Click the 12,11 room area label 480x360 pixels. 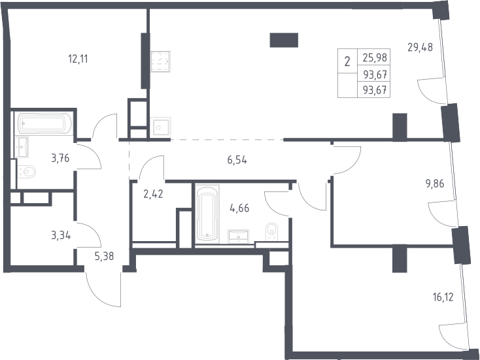coord(78,59)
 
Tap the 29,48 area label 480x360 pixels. coord(420,48)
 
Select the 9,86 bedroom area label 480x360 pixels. coord(435,184)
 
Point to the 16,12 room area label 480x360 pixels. coord(443,297)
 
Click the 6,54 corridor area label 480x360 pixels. coord(237,159)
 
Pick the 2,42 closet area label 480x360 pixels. coord(153,194)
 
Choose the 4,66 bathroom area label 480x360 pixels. coord(239,208)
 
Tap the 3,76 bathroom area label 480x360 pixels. coord(60,158)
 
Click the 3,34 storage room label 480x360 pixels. coord(61,235)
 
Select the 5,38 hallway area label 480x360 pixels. coord(104,256)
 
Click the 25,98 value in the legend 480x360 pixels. coord(375,57)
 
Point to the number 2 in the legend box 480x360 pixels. coord(347,62)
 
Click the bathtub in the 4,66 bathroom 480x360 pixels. coord(207,214)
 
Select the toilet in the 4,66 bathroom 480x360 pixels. coord(271,231)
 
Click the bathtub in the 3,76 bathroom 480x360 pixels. coord(46,123)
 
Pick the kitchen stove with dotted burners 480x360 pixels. coord(160,62)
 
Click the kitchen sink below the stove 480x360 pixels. coord(160,127)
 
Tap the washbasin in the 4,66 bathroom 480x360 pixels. coord(238,237)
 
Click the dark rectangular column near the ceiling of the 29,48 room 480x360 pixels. coord(284,40)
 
